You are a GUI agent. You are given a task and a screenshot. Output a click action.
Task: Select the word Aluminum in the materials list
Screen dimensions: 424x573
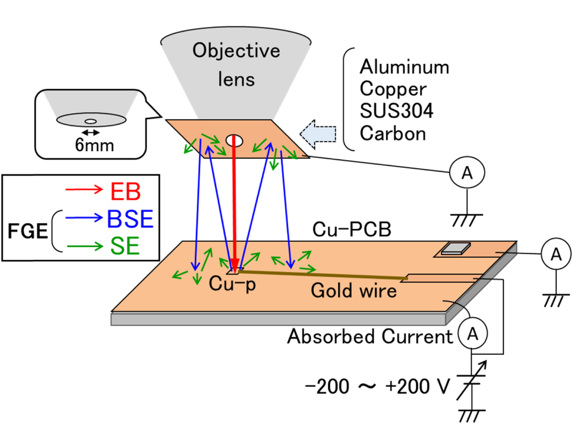(x=404, y=67)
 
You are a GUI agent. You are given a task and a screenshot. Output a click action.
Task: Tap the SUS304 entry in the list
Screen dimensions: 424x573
(x=396, y=111)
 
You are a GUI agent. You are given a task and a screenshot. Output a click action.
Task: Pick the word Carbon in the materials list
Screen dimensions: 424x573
(x=393, y=134)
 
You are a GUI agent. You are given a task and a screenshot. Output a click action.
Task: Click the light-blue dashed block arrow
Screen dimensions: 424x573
(x=318, y=131)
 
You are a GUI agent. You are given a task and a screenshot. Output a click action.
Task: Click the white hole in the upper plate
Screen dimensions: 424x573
(x=234, y=140)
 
